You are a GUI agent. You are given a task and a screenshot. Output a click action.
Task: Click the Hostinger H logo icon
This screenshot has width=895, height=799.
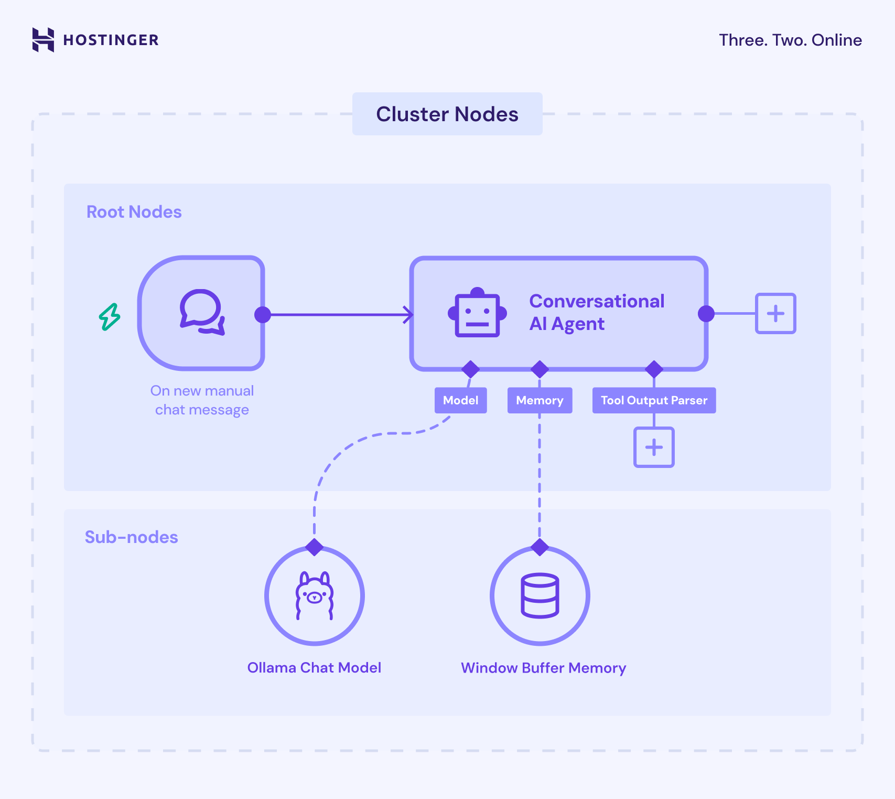coord(43,40)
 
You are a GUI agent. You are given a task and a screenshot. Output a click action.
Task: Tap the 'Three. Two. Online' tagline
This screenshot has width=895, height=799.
coord(790,40)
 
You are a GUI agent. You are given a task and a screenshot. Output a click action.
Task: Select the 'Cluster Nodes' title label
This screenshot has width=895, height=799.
coord(447,114)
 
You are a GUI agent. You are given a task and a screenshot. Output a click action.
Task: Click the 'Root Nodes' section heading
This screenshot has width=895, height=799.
coord(134,211)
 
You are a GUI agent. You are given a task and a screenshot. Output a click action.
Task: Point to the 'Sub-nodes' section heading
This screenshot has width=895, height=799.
coord(131,537)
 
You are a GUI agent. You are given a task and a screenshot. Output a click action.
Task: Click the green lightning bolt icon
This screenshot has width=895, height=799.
coord(110,317)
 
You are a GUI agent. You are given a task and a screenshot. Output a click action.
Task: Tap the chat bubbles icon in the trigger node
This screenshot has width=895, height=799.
coord(202,312)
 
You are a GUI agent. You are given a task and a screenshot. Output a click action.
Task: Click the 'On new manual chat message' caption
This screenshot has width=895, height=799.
coord(202,400)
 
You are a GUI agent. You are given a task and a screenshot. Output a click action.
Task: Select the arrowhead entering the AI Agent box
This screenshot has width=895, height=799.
coord(408,314)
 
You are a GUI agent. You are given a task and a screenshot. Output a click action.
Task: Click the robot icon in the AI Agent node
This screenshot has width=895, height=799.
coord(477,313)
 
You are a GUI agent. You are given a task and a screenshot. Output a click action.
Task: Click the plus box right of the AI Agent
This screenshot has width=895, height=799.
coord(775,313)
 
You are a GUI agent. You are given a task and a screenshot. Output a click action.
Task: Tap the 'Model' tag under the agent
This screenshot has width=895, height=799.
coord(460,400)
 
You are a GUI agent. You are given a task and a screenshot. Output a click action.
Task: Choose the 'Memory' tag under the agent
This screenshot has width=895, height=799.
coord(539,400)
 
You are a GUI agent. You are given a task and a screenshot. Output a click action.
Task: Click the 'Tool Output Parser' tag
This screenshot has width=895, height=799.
coord(653,400)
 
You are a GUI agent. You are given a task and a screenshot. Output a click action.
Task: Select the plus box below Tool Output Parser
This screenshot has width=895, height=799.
coord(653,447)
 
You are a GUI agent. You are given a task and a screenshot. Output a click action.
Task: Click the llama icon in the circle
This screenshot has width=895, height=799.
coord(314,595)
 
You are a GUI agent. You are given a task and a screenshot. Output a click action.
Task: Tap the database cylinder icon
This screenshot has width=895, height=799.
coord(540,595)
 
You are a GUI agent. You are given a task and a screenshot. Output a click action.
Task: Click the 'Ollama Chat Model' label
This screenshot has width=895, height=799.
coord(314,667)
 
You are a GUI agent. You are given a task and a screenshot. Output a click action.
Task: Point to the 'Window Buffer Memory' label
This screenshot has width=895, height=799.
coord(543,667)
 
